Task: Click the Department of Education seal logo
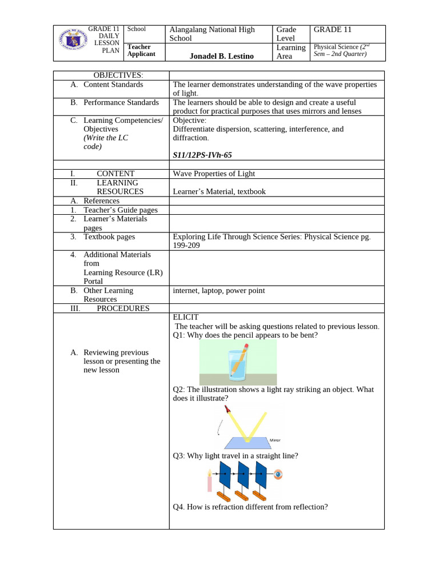72,43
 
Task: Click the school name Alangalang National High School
212,34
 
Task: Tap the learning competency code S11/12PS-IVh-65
202,155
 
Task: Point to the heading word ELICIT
185,317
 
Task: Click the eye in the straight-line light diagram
278,474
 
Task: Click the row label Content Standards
113,85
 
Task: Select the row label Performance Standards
121,102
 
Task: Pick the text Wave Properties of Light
214,174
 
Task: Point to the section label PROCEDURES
123,308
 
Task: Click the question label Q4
179,507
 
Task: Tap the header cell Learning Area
291,52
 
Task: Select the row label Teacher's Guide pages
120,210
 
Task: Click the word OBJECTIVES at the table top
118,75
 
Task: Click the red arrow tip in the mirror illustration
228,408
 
